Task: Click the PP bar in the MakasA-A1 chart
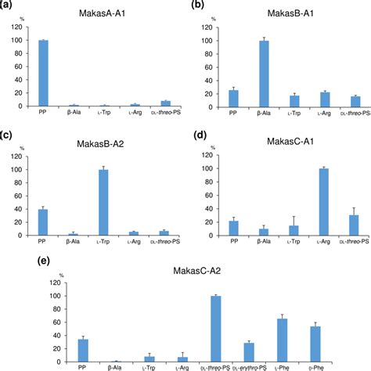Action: pos(43,73)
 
